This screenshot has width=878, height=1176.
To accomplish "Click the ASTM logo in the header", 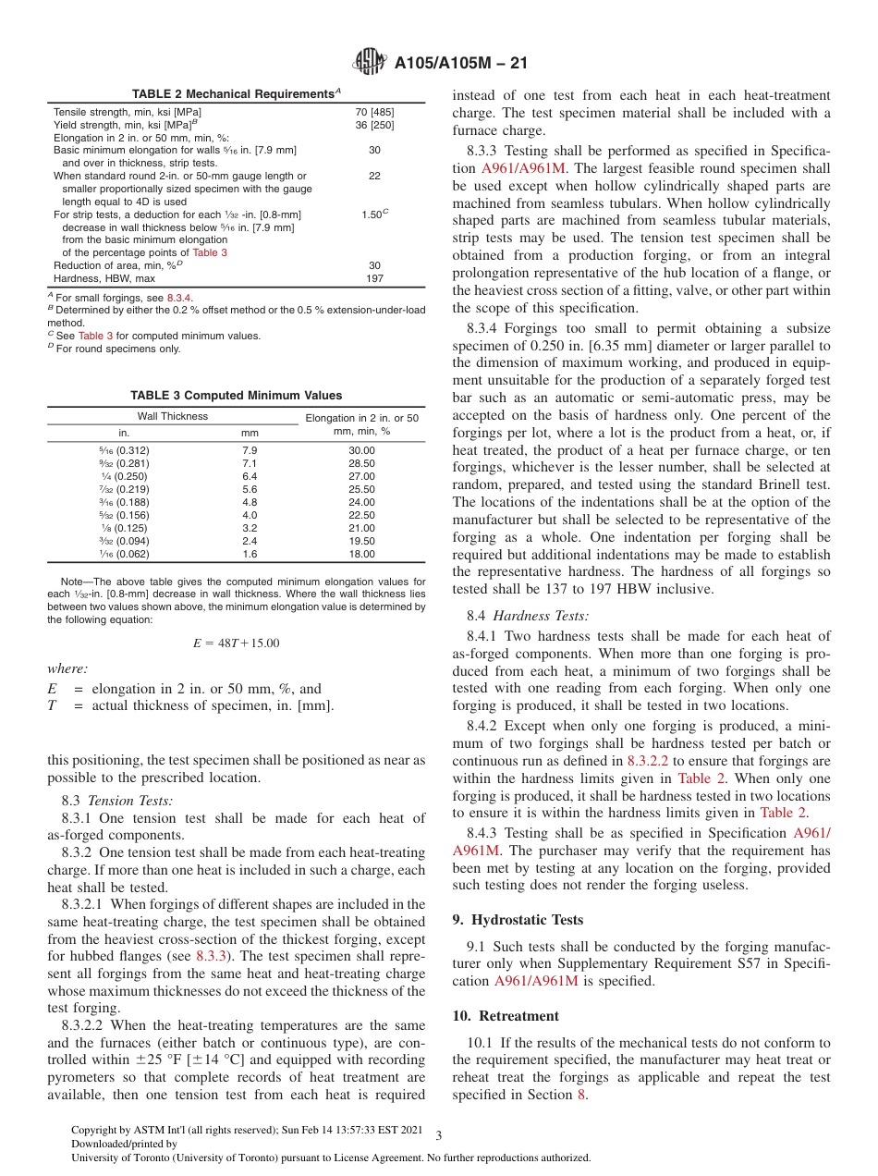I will (x=371, y=64).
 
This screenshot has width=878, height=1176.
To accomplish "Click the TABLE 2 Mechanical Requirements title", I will (x=237, y=94).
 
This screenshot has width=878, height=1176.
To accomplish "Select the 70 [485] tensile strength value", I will (x=374, y=112).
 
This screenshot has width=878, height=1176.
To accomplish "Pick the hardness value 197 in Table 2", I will (x=374, y=277).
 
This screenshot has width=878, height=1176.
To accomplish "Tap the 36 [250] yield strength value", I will (x=374, y=124).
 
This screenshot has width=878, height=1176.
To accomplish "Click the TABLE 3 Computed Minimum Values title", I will (x=237, y=396).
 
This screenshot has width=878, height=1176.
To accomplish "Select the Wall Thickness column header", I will (x=172, y=416).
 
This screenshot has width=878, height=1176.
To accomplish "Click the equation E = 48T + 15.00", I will (x=237, y=643).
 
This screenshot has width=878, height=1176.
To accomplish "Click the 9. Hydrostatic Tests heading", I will (x=518, y=920).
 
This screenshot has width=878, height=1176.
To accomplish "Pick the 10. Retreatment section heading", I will (x=506, y=1016).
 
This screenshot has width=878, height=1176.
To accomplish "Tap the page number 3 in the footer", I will (x=439, y=1135).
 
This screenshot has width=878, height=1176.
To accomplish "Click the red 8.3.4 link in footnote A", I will (x=178, y=299).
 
